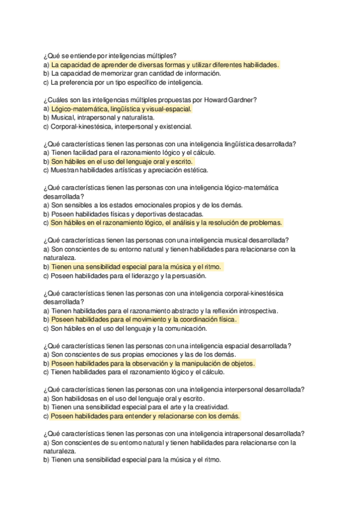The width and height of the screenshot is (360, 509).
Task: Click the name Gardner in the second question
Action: coord(244,100)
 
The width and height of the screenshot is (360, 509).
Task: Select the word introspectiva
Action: coord(254,311)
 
